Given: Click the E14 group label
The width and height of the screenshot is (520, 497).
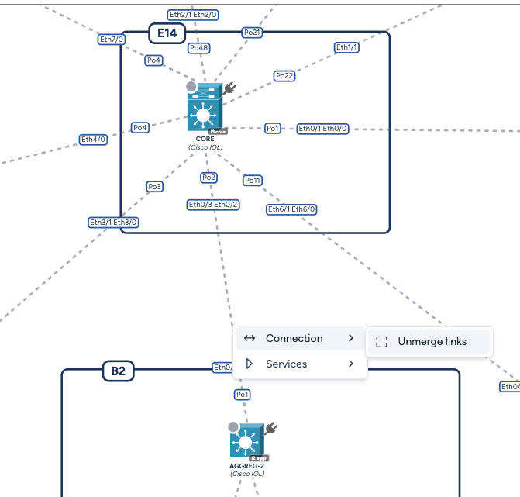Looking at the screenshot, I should tap(167, 33).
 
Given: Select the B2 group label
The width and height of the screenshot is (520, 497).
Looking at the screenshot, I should tap(118, 371).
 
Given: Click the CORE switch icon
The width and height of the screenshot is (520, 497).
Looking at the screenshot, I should tap(205, 113).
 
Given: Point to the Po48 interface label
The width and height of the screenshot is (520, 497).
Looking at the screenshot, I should tap(199, 48).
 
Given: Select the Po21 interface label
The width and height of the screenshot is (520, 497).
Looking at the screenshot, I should tap(252, 33).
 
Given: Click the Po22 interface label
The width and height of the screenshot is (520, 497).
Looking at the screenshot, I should tap(284, 76).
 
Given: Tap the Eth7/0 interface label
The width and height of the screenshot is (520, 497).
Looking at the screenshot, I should tap(112, 39).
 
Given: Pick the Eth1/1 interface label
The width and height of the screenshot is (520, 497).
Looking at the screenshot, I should tap(346, 47).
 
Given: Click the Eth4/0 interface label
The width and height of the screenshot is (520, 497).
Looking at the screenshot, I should tap(93, 140).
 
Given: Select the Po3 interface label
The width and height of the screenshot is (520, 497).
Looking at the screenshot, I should tap(155, 187).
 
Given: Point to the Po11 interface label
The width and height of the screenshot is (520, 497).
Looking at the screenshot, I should tap(253, 181).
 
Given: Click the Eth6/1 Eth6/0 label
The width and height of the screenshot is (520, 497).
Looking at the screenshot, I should tap(291, 209).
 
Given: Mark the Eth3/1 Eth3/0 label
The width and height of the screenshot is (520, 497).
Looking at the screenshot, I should tap(113, 223).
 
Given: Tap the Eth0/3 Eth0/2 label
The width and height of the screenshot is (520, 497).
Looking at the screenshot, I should tap(213, 205).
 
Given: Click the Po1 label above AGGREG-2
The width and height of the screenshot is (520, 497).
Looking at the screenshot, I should tap(243, 395).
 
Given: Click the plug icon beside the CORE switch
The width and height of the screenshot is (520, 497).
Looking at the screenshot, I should tap(229, 89).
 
